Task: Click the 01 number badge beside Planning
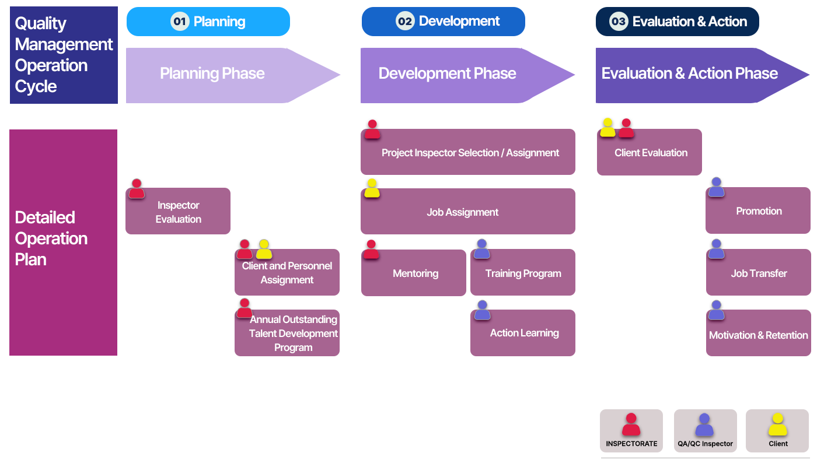[180, 21]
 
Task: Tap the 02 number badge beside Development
[405, 21]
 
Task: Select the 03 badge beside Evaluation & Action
[619, 21]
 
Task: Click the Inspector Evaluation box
[178, 211]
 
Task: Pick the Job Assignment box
[468, 211]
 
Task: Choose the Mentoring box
[414, 272]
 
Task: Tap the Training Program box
[523, 272]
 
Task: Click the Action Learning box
[523, 332]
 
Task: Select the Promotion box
[758, 210]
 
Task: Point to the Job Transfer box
[758, 272]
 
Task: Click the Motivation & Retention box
[758, 332]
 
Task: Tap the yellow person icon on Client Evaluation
[607, 128]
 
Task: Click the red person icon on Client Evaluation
[626, 128]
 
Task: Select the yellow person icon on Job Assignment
[372, 188]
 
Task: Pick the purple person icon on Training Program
[482, 249]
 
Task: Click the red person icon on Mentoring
[371, 249]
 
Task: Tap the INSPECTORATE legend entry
[631, 431]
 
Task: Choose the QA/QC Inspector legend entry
[706, 431]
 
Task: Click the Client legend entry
[777, 431]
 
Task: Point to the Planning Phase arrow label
[212, 73]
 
